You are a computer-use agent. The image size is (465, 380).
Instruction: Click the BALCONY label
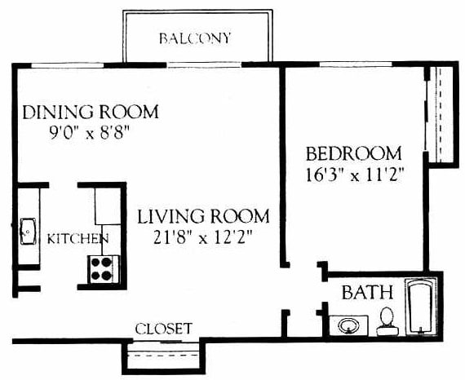point(195,38)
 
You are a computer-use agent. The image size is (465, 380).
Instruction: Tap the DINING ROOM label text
point(90,112)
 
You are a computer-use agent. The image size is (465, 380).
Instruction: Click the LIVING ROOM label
point(202,217)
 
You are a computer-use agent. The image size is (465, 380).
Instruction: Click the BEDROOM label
point(353,153)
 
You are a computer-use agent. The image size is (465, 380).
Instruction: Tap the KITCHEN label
point(77,239)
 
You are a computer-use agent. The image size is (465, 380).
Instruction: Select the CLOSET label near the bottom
point(163,329)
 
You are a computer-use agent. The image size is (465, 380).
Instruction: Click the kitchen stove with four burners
point(102,268)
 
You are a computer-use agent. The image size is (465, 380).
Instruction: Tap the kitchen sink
point(26,231)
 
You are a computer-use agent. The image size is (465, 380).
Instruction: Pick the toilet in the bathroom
point(387,321)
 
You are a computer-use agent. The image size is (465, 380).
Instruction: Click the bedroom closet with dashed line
point(440,114)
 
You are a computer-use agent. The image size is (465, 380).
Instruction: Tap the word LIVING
point(166,217)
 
